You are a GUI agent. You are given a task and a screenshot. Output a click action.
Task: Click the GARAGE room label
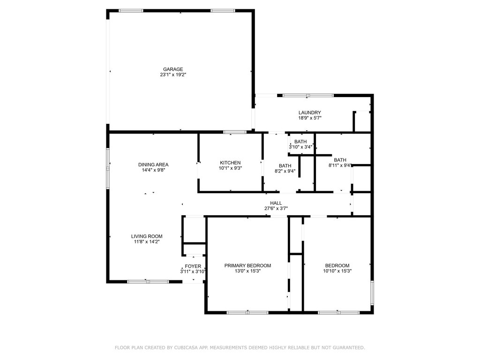[x=173, y=69]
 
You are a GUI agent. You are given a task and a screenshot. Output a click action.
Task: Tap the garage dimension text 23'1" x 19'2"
[x=173, y=75]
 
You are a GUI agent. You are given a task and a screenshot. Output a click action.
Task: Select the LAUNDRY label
[x=310, y=112]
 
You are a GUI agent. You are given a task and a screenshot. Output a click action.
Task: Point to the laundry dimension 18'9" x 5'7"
[x=310, y=118]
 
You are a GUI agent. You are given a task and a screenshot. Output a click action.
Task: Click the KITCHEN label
[x=230, y=163]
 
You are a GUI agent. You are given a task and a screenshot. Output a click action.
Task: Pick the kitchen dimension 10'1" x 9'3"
[x=230, y=168]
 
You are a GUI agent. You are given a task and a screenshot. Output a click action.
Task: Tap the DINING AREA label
[x=153, y=165]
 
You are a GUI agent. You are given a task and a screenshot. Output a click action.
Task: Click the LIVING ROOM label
[x=147, y=236]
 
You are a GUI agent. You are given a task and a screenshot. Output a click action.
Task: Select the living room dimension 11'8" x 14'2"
[x=147, y=241]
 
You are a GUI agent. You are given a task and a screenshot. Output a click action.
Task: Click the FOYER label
[x=193, y=266]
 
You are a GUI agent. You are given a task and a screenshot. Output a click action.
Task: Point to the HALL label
[x=276, y=203]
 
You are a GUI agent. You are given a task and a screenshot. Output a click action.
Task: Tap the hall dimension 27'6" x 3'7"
[x=276, y=209]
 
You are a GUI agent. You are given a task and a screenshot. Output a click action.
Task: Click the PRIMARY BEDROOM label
[x=247, y=266]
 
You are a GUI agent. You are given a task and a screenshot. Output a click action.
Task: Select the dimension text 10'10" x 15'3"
[x=337, y=271]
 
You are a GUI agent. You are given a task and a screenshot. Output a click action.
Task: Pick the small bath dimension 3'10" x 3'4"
[x=300, y=147]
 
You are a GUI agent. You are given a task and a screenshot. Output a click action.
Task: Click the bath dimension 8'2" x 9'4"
[x=285, y=171]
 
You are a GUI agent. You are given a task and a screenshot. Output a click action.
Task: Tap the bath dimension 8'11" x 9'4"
[x=340, y=165]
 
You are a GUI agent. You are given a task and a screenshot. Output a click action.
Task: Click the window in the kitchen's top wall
[x=235, y=132]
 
